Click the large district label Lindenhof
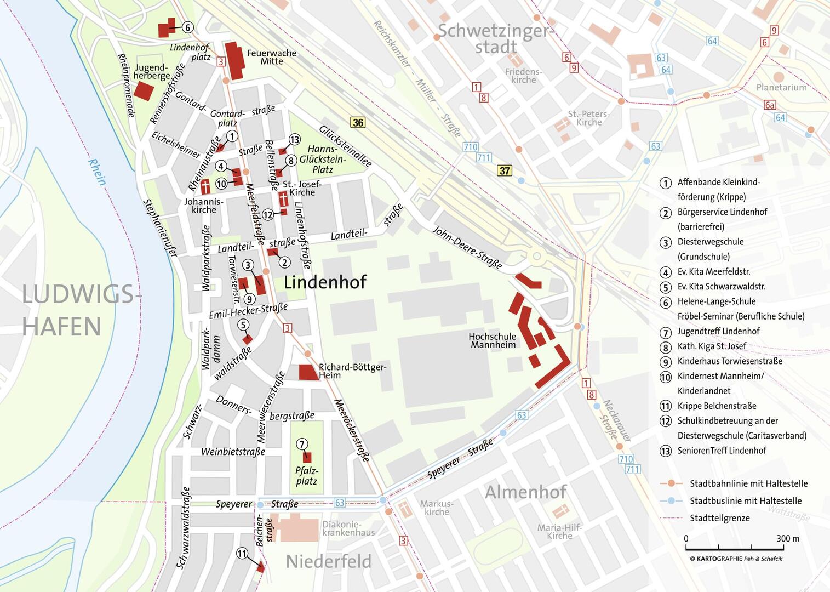[325, 282]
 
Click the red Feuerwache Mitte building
[236, 60]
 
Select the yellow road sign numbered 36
[358, 122]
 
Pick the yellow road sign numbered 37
[504, 170]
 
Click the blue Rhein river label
[97, 172]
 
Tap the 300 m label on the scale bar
[787, 538]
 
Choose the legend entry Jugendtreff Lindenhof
[718, 331]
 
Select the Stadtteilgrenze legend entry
[719, 518]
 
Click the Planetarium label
[781, 87]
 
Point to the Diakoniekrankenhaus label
[348, 528]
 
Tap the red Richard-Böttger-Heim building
[308, 372]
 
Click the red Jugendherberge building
[144, 90]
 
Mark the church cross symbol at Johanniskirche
[205, 186]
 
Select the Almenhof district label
[525, 492]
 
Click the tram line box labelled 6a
[770, 105]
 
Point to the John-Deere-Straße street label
[467, 248]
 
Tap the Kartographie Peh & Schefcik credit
[736, 559]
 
